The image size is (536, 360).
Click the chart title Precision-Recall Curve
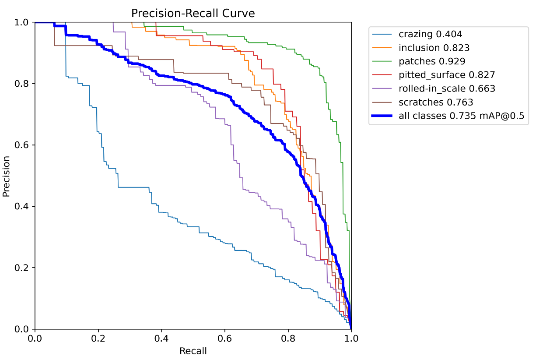coord(193,14)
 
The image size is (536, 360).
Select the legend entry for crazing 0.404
coord(430,34)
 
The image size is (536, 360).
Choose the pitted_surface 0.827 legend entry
coord(447,75)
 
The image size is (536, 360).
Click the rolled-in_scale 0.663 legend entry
coord(447,88)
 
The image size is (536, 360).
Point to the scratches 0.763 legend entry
coord(436,102)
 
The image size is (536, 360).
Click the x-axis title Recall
coord(193,351)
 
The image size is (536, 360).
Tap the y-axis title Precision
coord(6,175)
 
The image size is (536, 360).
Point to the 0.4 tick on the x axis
coord(161,339)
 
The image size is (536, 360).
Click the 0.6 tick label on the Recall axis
coord(225,339)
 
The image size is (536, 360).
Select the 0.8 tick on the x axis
coord(288,339)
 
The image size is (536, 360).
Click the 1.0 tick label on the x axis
coord(351,339)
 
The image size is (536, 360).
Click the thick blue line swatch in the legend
coord(382,116)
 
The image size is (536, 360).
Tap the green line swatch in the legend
coord(382,61)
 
